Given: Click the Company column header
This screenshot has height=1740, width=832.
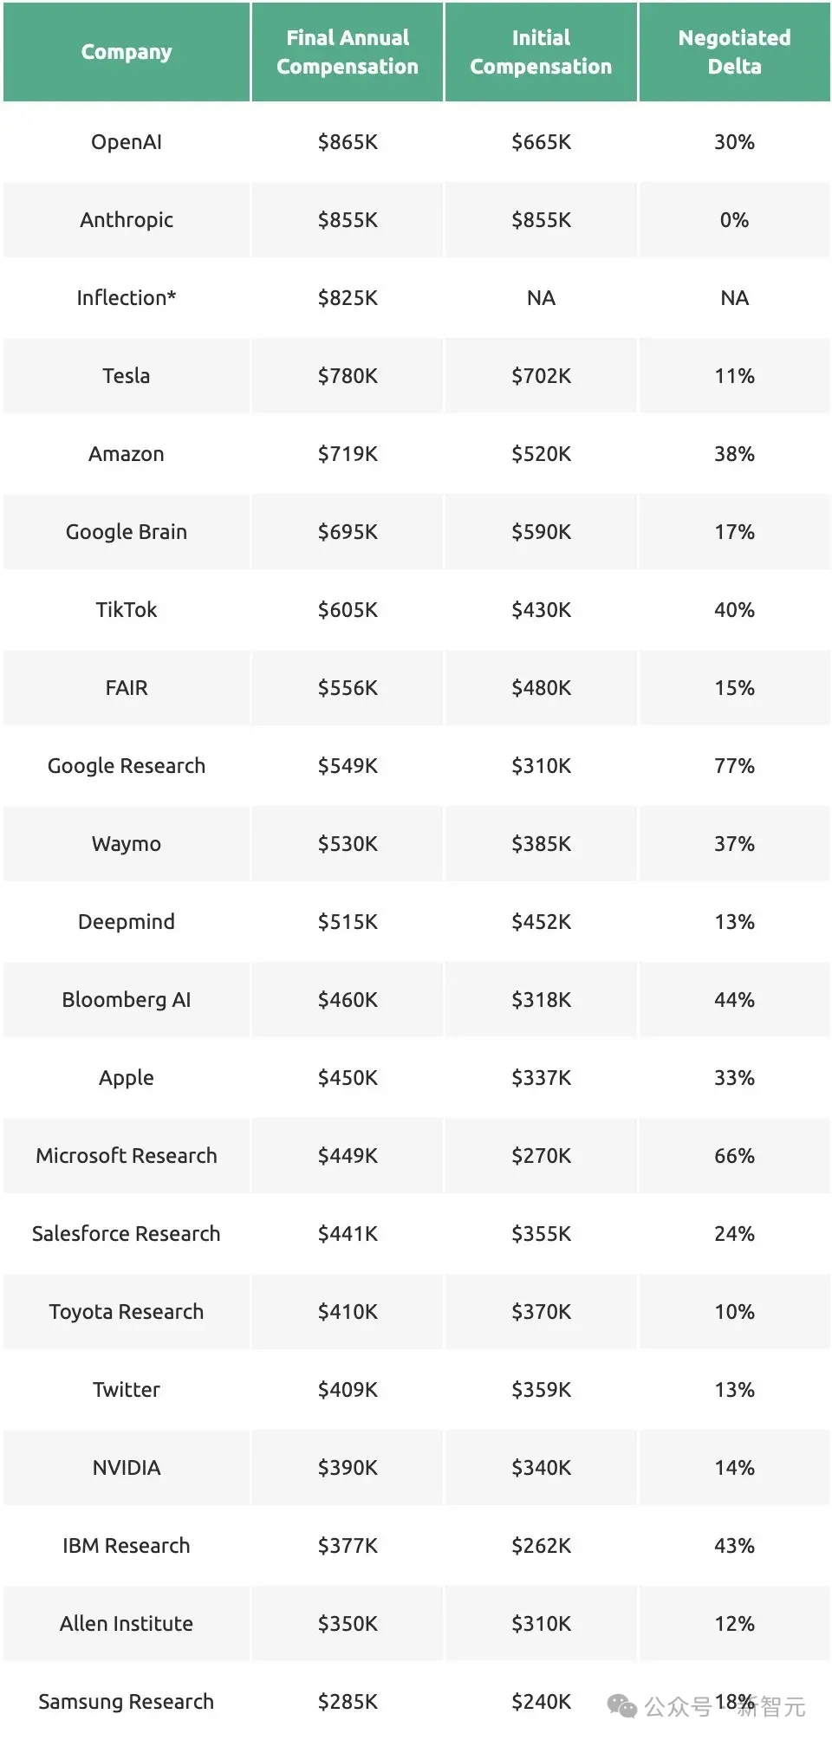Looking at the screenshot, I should click(x=127, y=52).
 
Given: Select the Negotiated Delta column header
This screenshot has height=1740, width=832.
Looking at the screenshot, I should click(x=734, y=52).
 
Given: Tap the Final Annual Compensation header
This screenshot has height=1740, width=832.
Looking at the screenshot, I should click(x=348, y=52).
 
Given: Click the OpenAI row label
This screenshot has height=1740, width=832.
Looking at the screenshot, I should click(x=127, y=142).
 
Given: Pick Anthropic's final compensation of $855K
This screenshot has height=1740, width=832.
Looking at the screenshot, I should click(x=348, y=220).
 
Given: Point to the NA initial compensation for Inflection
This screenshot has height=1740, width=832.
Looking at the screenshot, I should click(x=541, y=298).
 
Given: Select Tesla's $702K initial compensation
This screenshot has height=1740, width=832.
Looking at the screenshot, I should click(x=541, y=376).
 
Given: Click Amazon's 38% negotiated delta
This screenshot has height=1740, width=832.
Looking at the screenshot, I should click(x=734, y=454).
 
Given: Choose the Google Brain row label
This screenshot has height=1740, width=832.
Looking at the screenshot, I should click(x=127, y=532).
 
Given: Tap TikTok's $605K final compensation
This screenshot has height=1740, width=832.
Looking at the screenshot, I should click(x=348, y=610).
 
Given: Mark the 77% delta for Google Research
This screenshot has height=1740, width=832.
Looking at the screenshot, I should click(x=734, y=766).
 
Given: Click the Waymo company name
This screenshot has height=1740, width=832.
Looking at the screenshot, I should click(x=127, y=844).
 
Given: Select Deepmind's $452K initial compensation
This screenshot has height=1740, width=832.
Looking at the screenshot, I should click(x=541, y=922).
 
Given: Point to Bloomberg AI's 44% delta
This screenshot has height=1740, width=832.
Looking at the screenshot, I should click(x=734, y=1000).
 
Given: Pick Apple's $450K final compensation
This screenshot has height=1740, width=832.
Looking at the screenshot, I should click(x=348, y=1078).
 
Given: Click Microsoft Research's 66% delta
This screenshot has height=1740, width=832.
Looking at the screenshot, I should click(x=734, y=1156).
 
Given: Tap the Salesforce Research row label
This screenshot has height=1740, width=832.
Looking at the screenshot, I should click(x=127, y=1234).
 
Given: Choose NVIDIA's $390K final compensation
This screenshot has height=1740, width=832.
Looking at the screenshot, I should click(x=348, y=1468).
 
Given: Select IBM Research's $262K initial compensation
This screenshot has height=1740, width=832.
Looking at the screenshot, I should click(x=541, y=1546).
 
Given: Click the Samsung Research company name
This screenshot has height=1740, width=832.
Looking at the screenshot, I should click(x=127, y=1702).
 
